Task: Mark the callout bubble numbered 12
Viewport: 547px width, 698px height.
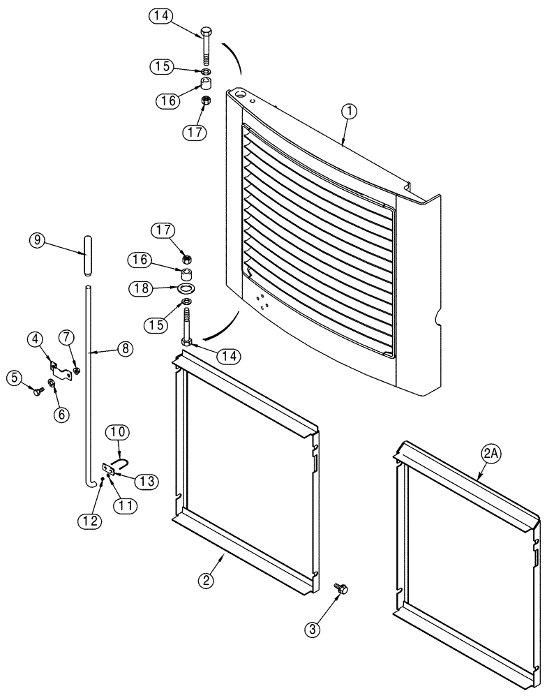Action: (93, 520)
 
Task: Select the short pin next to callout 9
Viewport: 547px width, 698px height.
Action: (87, 257)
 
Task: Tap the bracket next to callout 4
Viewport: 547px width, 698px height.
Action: (61, 371)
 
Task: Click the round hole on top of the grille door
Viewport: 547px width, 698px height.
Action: (241, 91)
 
